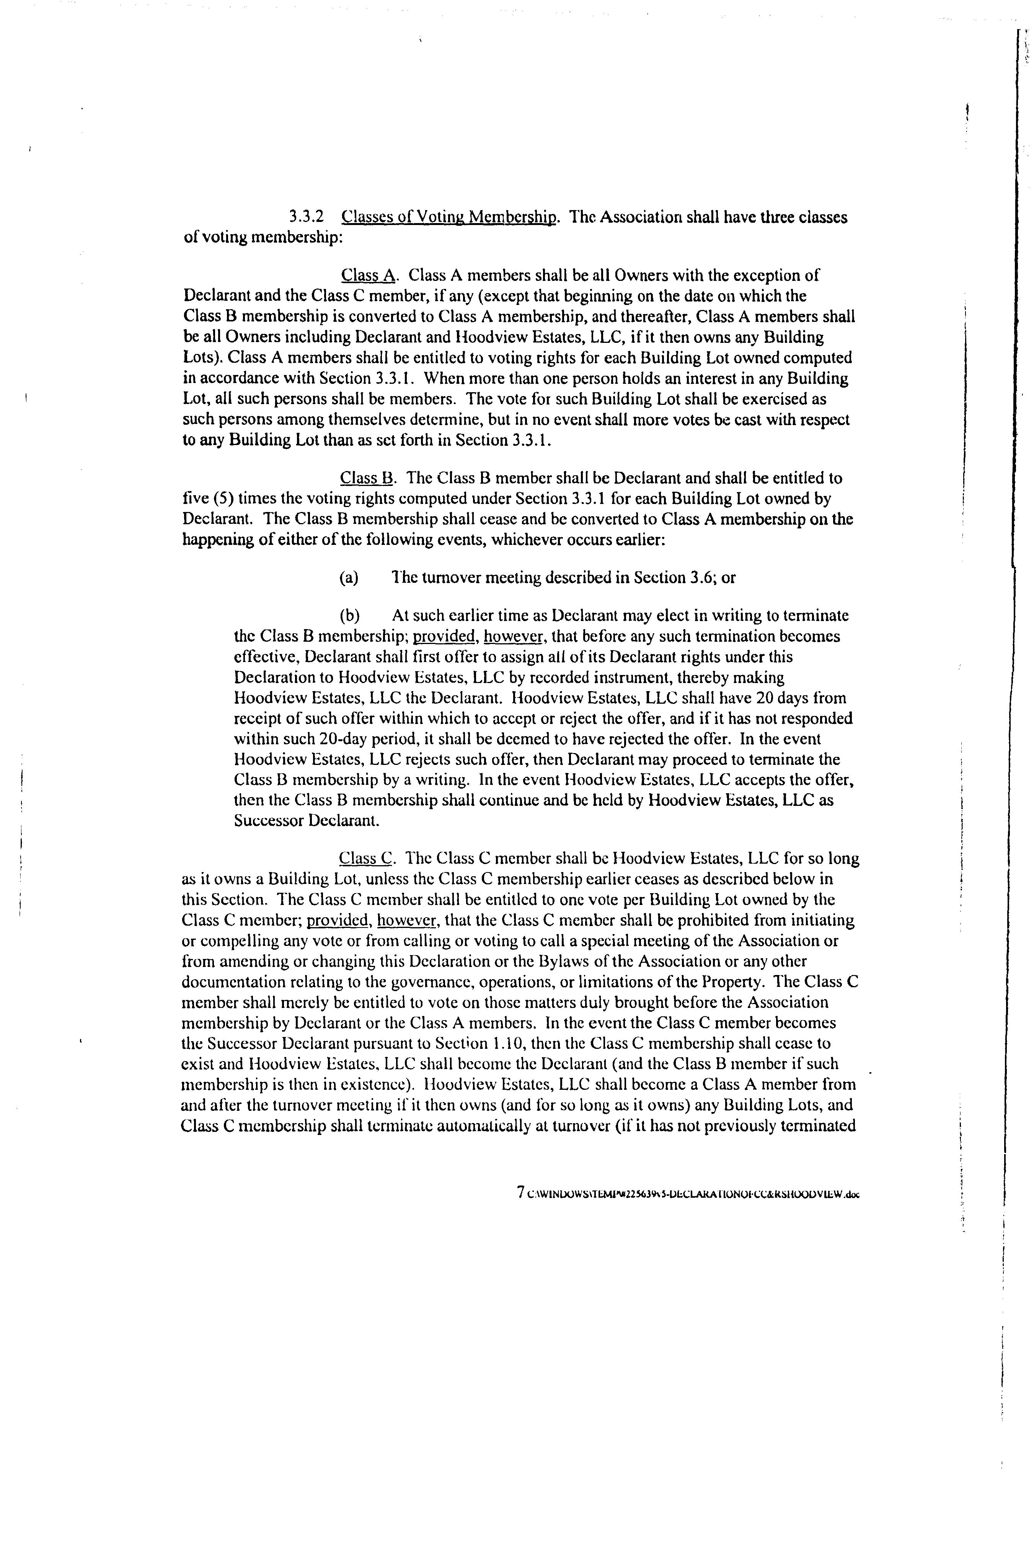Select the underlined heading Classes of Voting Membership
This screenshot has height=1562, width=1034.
450,217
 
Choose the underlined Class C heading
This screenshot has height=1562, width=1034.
366,858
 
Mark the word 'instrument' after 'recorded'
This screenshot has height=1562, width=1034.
615,678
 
